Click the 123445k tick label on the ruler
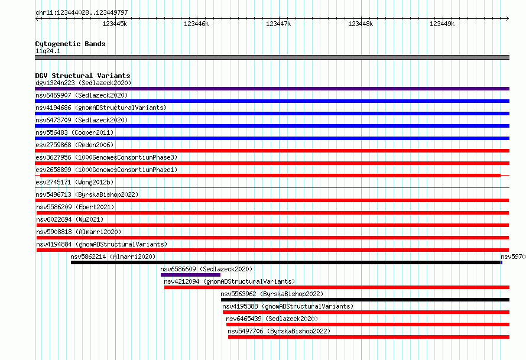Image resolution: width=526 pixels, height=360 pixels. coord(115,24)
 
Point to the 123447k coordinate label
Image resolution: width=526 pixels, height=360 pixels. coord(278,24)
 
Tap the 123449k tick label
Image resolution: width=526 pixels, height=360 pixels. coord(442,24)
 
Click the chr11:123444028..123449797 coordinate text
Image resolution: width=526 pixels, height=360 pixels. coord(82,12)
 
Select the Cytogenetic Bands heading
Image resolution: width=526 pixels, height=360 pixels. coord(70,44)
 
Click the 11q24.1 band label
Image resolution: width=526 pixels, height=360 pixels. coord(48,51)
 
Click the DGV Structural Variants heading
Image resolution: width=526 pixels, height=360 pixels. coord(83,76)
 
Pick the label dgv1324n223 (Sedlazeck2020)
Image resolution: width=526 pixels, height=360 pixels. coord(83,83)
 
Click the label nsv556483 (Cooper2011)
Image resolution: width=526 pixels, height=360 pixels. coord(74,132)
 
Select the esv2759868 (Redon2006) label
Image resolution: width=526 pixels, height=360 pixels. coord(74,145)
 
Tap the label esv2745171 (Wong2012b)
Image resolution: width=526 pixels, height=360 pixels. coord(74,182)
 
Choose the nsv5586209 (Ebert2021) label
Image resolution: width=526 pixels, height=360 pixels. coord(75,207)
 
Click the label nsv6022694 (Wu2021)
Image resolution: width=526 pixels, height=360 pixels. coord(70,219)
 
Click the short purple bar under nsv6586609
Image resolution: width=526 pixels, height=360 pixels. coord(190,275)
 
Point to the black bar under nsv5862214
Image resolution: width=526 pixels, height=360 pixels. coord(286,262)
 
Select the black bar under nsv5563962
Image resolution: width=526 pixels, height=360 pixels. coord(365,300)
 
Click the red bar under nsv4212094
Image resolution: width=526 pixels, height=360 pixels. coord(337,287)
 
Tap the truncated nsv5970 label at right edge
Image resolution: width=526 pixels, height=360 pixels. coord(513,257)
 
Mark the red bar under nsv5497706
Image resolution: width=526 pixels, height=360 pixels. coord(369,337)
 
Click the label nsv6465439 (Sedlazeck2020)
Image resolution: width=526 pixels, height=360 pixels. coord(272,319)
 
